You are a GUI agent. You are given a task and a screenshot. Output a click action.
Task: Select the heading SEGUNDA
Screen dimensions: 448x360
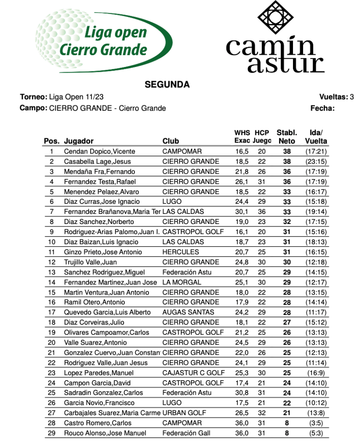click(x=167, y=85)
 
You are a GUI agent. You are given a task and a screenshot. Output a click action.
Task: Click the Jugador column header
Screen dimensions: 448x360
click(x=79, y=141)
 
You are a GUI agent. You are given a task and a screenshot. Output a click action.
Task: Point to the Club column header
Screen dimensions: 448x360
click(x=171, y=141)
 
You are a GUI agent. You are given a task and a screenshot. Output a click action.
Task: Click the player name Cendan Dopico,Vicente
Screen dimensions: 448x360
click(x=99, y=151)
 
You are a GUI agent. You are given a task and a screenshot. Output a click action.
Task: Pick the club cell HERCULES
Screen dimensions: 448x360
click(x=180, y=252)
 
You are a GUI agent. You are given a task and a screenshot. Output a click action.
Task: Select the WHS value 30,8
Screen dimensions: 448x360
click(x=242, y=393)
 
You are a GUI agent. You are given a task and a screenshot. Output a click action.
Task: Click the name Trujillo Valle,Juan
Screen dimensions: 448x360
click(x=91, y=262)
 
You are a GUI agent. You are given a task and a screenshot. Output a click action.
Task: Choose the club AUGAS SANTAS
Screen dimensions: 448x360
click(x=188, y=312)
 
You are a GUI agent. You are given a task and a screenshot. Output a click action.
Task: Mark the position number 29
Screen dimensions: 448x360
click(x=52, y=433)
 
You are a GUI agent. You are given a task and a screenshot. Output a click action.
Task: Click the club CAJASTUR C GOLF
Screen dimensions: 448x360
click(x=193, y=373)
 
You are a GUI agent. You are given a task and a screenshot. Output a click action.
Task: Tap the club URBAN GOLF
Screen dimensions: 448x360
click(x=184, y=413)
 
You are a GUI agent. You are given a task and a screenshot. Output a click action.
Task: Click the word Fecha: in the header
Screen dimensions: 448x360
click(x=322, y=108)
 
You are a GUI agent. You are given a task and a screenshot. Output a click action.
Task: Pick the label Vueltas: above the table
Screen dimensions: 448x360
click(x=333, y=97)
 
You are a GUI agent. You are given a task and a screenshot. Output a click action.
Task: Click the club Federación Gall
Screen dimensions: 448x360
click(x=186, y=433)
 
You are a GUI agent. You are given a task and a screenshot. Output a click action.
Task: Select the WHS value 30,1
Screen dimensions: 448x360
click(x=242, y=212)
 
